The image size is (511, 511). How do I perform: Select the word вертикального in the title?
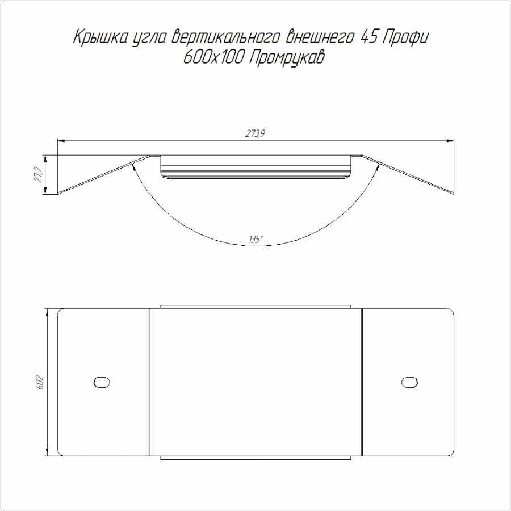(x=225, y=37)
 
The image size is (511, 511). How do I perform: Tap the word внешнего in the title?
(x=319, y=37)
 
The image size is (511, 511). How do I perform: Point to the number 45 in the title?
(x=368, y=37)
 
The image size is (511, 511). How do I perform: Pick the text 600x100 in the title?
(x=213, y=58)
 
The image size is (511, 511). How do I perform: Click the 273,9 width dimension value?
(x=256, y=133)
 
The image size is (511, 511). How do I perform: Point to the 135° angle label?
(x=256, y=240)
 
